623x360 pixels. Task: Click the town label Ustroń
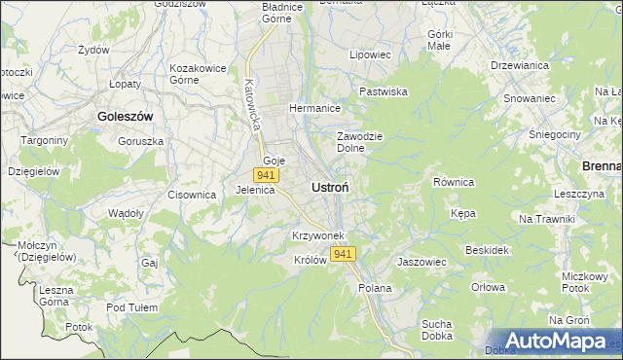click(x=331, y=186)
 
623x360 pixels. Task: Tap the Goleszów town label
click(x=126, y=116)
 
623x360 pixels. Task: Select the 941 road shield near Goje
click(x=266, y=175)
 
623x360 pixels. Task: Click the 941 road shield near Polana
click(x=342, y=254)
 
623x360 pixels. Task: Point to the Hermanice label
click(x=313, y=109)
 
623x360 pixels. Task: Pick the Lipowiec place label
click(x=370, y=55)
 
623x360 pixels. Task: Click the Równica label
click(x=453, y=182)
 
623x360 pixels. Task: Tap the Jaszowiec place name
click(x=421, y=262)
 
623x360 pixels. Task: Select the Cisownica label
click(x=191, y=195)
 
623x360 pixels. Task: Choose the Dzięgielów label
click(x=34, y=170)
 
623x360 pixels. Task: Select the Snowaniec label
click(x=529, y=98)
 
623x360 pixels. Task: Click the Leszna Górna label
click(x=62, y=296)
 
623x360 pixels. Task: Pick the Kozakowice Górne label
click(x=198, y=74)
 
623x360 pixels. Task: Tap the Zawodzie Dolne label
click(x=357, y=142)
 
